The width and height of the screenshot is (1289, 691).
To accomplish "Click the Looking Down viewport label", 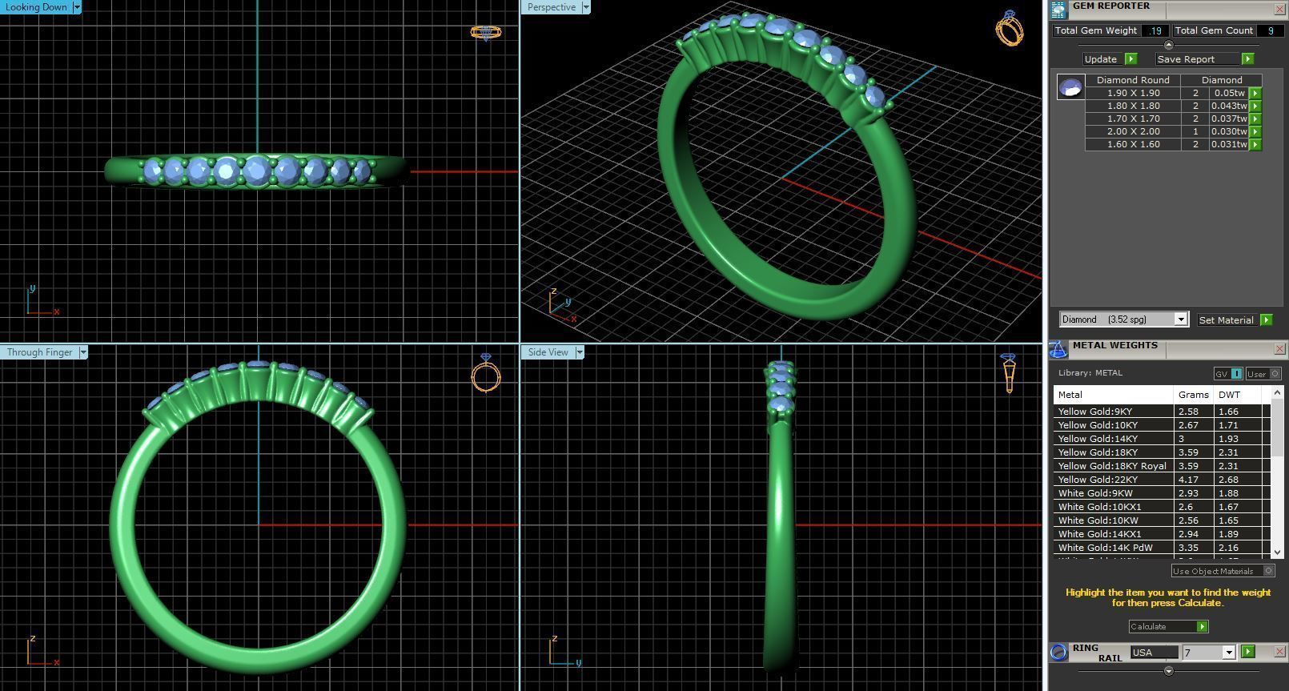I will (x=36, y=7).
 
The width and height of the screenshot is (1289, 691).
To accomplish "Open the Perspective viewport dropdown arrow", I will (x=586, y=7).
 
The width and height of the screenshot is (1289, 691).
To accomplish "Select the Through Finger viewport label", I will (x=39, y=352).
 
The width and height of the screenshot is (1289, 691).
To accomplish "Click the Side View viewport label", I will (x=548, y=352).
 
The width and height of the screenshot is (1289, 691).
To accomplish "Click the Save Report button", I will (x=1186, y=59).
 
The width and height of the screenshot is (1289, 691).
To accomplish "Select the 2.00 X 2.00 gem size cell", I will (x=1133, y=131).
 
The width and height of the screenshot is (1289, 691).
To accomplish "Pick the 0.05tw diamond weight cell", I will (x=1229, y=93).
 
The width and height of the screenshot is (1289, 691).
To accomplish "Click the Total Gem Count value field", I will (x=1270, y=30).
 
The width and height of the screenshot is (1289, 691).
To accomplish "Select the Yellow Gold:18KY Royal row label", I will (x=1112, y=466).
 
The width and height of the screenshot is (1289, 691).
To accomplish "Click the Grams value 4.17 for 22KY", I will (x=1188, y=480).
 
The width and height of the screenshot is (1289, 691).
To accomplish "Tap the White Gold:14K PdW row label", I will (x=1105, y=548).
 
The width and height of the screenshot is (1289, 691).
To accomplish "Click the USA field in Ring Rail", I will (x=1154, y=653).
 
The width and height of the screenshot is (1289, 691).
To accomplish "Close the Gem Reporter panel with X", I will (x=1279, y=9).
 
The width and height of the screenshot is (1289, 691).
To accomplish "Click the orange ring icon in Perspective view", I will (x=1009, y=29).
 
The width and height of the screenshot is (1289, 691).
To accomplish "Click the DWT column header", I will (x=1229, y=395).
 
